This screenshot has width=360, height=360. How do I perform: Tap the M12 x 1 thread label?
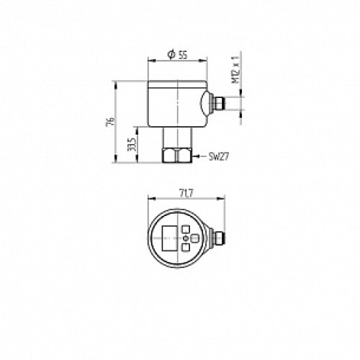[235, 70]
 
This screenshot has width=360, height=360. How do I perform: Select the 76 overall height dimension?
[110, 122]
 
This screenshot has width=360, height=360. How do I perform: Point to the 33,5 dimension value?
[131, 145]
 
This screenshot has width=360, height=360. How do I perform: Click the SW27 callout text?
[219, 157]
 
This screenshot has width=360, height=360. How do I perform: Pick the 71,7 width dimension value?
[186, 194]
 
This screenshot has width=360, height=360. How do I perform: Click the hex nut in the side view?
[177, 156]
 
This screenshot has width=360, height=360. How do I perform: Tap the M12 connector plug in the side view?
[217, 103]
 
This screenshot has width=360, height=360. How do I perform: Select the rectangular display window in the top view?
[170, 238]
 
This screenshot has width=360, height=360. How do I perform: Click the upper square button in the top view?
[186, 230]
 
